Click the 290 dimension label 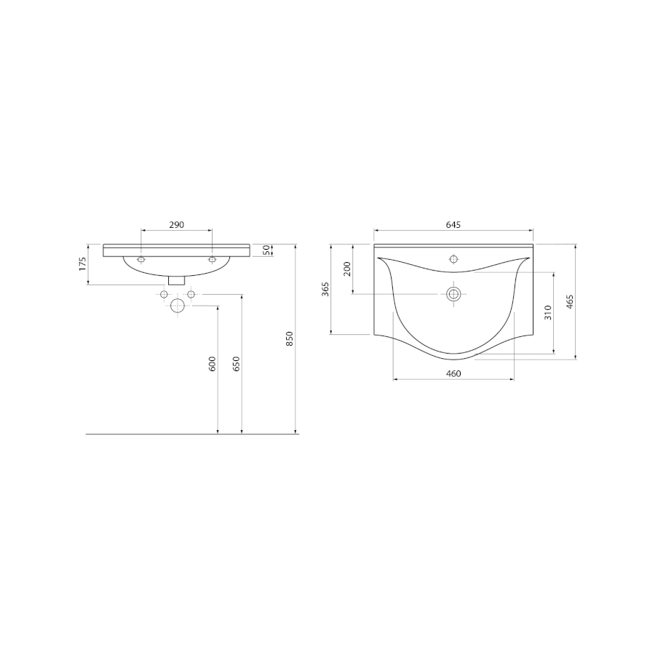(x=176, y=225)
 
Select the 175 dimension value (x=83, y=263)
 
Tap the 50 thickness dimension (x=265, y=250)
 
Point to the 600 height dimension (x=213, y=364)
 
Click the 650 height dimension (x=236, y=364)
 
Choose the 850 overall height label (x=290, y=338)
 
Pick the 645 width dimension (x=453, y=225)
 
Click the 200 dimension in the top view (x=347, y=269)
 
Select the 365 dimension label (x=325, y=289)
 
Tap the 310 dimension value (x=548, y=312)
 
